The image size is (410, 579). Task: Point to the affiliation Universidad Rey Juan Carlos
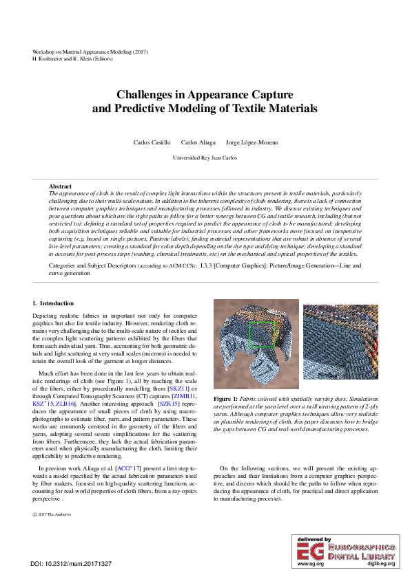(x=205, y=157)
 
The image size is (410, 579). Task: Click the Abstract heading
(x=60, y=186)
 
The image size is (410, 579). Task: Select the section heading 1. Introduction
(x=54, y=303)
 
